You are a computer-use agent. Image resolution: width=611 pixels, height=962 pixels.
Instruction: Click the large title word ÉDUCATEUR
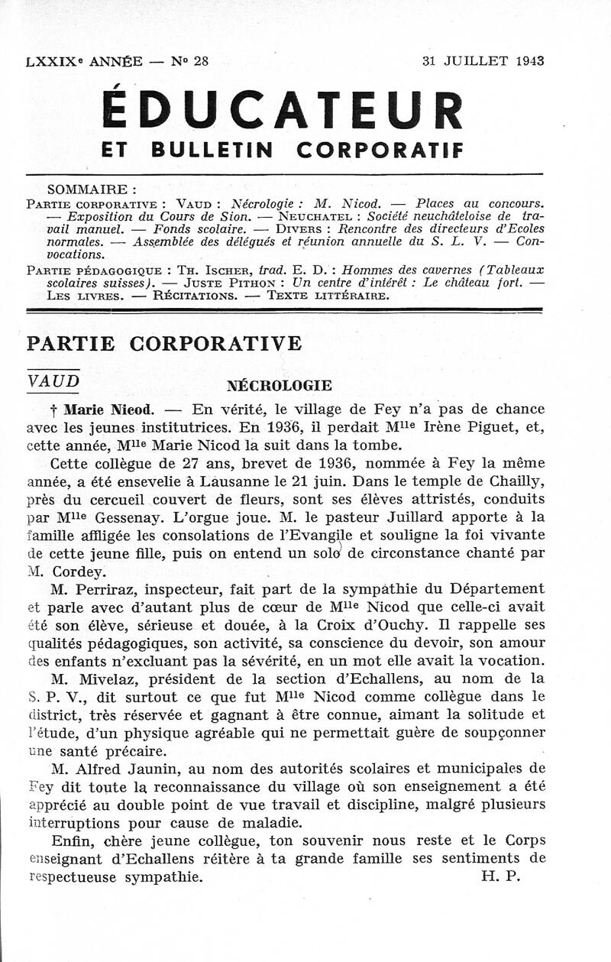tap(283, 110)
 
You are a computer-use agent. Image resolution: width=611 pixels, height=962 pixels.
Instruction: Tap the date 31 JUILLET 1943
tap(483, 62)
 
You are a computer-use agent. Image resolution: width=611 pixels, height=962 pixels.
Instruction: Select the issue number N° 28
tap(190, 62)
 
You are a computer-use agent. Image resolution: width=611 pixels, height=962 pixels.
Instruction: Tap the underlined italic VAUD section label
tap(53, 381)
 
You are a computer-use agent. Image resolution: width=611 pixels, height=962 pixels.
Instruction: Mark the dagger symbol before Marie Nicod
tap(53, 410)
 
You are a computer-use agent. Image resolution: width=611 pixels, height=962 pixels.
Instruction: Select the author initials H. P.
tap(500, 877)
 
